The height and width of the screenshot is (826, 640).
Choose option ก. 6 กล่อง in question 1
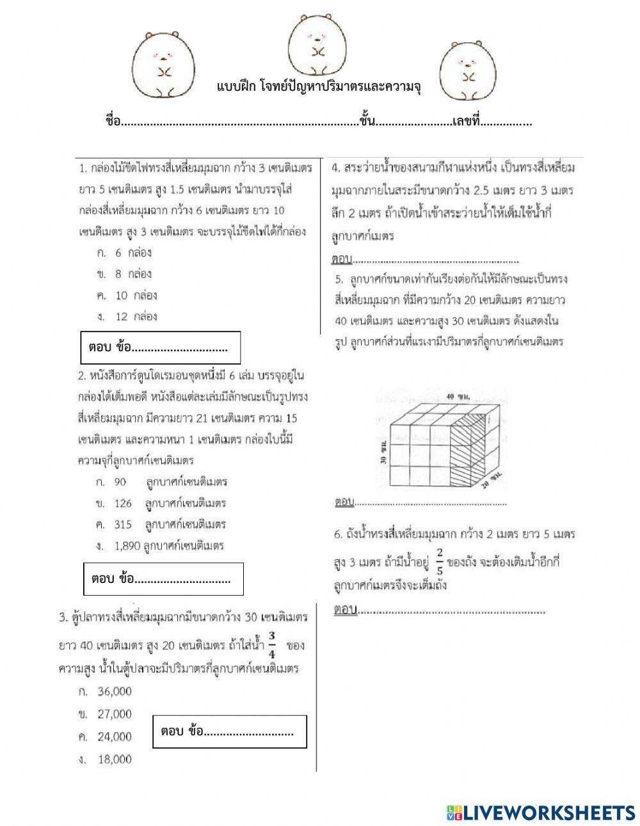click(x=125, y=253)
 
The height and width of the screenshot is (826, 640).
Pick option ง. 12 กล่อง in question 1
click(x=127, y=316)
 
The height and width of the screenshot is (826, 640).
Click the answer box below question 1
click(x=160, y=347)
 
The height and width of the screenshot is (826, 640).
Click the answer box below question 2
click(x=164, y=579)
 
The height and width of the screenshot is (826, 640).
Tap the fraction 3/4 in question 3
click(x=272, y=645)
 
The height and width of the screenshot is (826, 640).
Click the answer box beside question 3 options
click(x=229, y=731)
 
